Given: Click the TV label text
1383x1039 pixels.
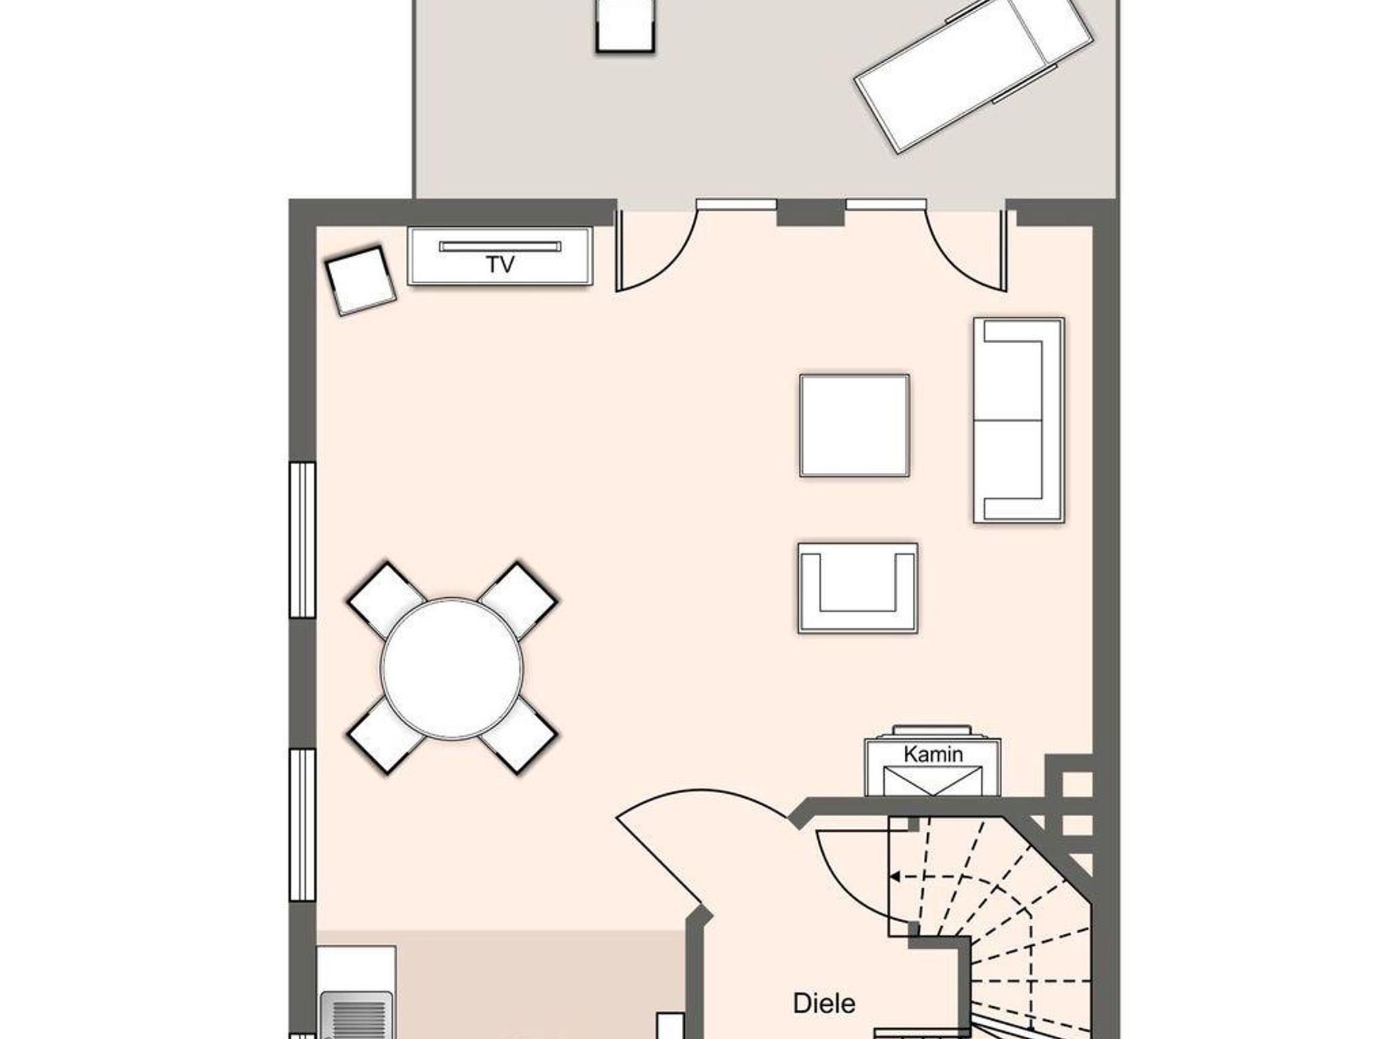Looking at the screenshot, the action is [x=500, y=264].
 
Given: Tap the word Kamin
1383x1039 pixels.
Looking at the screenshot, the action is [x=933, y=754].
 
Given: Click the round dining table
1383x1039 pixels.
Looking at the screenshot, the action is [x=452, y=668].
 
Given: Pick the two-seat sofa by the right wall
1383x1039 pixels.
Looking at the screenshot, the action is [x=1019, y=420].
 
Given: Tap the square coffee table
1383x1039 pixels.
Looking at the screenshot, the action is [x=854, y=426].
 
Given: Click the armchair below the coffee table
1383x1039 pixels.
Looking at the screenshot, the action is [x=858, y=588].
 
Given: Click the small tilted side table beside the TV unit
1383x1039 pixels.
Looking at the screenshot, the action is [x=361, y=280].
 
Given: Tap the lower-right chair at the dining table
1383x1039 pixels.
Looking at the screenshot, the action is [x=518, y=736].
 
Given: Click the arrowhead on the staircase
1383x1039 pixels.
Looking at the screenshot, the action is [x=894, y=877].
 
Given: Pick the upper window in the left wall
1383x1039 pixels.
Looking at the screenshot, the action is [x=303, y=540].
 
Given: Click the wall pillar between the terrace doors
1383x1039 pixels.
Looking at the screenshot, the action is [x=810, y=212].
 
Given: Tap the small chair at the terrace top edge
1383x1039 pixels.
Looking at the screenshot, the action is [x=625, y=25].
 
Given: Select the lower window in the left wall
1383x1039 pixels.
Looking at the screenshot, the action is [x=303, y=825].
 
